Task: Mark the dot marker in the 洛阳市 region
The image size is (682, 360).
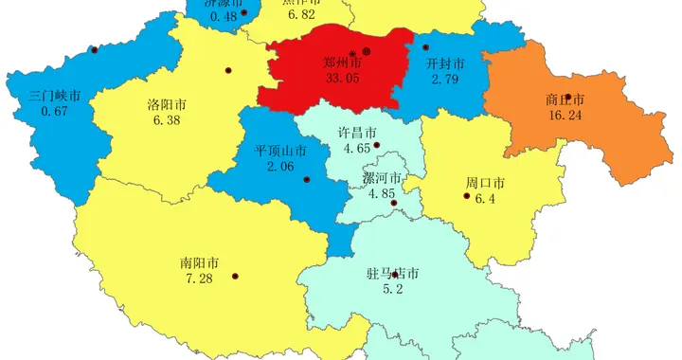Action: (x=227, y=70)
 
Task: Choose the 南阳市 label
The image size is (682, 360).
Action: (x=200, y=262)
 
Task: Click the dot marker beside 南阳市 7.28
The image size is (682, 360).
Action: (x=235, y=277)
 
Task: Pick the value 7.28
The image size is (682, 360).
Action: (x=200, y=279)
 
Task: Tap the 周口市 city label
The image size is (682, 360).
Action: (x=484, y=182)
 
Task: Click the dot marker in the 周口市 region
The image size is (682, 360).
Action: (x=466, y=196)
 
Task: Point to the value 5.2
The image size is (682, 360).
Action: (x=392, y=290)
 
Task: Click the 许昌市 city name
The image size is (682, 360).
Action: (x=357, y=132)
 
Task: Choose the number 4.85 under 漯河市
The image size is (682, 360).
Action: (x=382, y=194)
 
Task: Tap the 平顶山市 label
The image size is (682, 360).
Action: (x=280, y=151)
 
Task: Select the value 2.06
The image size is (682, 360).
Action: (x=280, y=167)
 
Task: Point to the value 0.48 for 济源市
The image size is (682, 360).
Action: (x=224, y=16)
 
